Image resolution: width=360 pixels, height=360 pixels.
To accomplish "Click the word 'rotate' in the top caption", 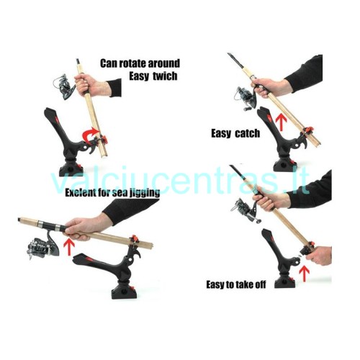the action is (x=132, y=63).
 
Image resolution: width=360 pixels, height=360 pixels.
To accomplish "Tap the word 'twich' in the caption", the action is (x=165, y=76).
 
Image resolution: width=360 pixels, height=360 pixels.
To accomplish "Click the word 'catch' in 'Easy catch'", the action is (x=248, y=133).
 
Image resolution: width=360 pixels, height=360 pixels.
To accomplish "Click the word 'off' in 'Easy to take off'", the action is (x=259, y=284).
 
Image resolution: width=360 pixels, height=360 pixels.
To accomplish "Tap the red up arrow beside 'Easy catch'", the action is (x=281, y=122).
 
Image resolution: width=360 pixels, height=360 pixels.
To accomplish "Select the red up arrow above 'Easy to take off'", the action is (x=305, y=273).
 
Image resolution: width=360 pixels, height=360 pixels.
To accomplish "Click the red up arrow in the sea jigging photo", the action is (x=70, y=246).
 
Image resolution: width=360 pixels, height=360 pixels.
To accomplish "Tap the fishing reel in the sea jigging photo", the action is (x=42, y=246).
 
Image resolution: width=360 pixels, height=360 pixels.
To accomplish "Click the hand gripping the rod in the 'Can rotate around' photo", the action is (x=92, y=85).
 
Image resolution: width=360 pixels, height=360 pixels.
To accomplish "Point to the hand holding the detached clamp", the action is (x=319, y=255).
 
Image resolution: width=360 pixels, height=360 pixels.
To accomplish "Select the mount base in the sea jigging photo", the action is (x=124, y=290).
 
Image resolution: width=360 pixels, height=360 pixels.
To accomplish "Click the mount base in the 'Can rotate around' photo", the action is (x=71, y=169).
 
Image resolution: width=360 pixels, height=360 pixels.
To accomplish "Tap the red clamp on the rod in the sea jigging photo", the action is (x=135, y=239).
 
